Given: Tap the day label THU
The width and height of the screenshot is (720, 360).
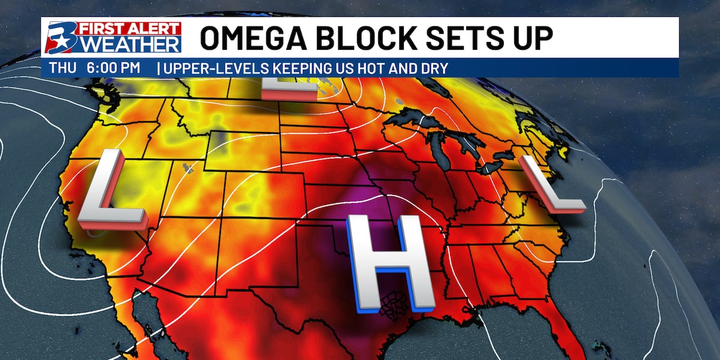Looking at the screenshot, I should [x=63, y=68].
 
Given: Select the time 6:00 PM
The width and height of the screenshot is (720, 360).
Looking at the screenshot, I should [x=113, y=68].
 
